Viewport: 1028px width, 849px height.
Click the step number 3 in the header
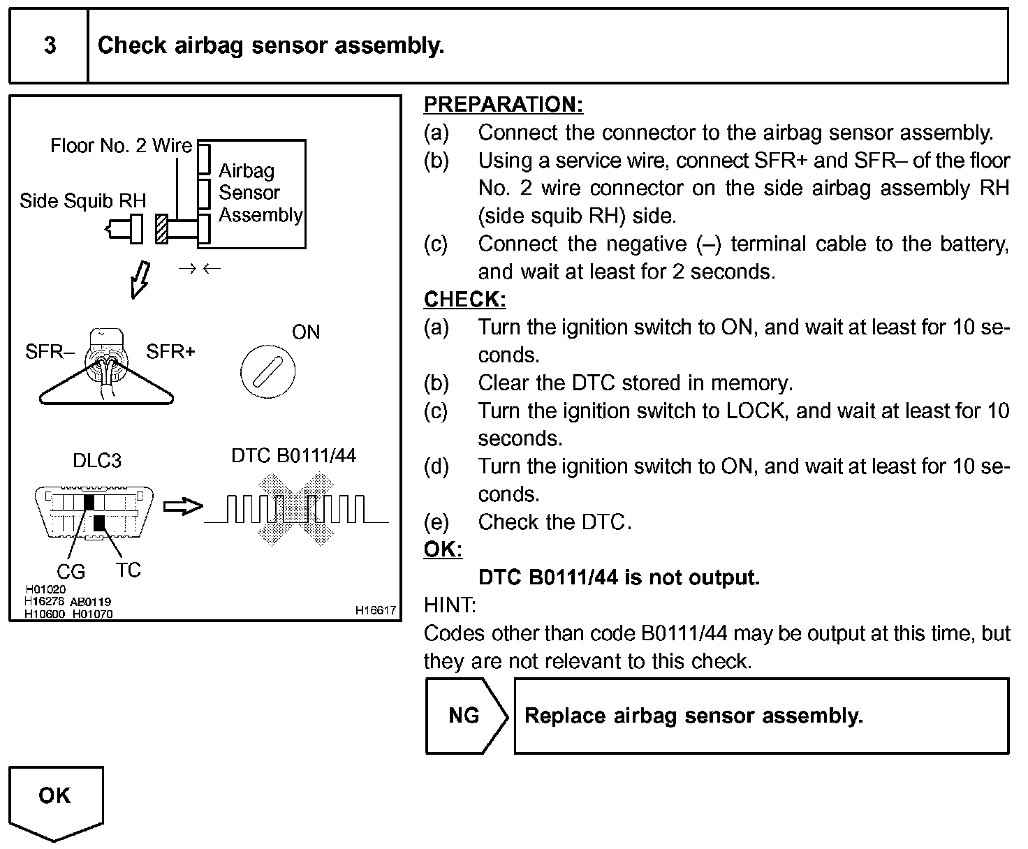[50, 46]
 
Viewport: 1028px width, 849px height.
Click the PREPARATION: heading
[503, 105]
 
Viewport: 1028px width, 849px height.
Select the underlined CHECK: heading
[464, 300]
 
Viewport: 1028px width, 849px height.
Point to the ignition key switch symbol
[267, 371]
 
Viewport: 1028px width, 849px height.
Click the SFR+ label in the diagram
[170, 352]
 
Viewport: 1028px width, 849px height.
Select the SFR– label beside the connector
[50, 352]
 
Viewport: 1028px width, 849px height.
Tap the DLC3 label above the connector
[97, 461]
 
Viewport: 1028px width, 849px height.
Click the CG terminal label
[71, 572]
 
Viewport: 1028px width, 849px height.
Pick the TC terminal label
[128, 570]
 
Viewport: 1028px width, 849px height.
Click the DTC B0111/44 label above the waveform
[293, 456]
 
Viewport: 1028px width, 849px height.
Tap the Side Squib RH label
[82, 201]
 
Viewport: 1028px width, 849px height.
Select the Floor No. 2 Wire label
[121, 146]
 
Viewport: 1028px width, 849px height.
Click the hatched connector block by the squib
[161, 228]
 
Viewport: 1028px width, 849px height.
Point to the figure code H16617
[375, 610]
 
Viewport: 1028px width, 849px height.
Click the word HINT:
[450, 605]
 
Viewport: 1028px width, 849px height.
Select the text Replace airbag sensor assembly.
[693, 716]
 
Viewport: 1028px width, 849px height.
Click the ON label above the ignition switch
[305, 332]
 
